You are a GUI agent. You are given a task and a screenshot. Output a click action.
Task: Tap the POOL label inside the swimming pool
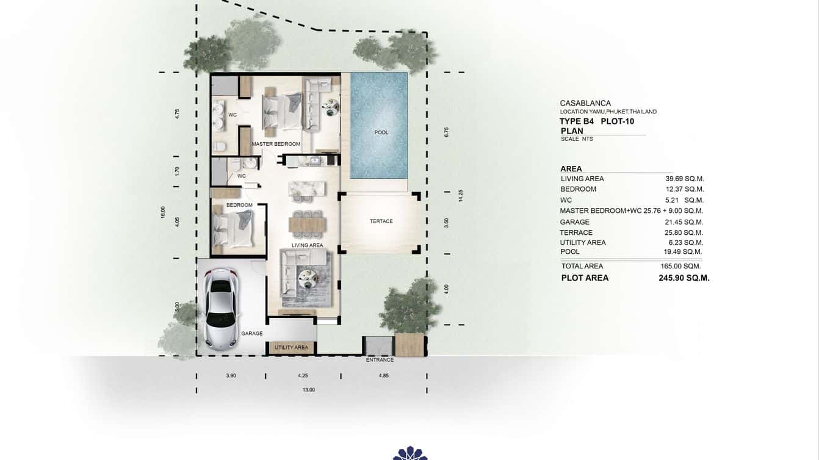point(381,132)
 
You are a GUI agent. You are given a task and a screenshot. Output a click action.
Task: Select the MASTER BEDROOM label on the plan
point(276,144)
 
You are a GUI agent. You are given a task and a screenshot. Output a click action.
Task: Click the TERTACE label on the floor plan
point(381,221)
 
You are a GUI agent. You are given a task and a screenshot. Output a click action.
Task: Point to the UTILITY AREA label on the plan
point(291,348)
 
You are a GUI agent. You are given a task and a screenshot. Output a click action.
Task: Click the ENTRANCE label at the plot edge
point(380,360)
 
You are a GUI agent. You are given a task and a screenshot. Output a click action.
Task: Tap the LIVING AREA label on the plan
point(307,245)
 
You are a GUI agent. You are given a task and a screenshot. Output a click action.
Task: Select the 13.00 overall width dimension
point(309,390)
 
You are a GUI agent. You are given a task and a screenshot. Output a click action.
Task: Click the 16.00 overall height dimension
point(163,212)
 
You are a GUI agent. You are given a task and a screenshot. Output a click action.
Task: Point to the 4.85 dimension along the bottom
point(383,376)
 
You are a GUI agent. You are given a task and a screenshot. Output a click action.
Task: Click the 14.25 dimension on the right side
point(461,195)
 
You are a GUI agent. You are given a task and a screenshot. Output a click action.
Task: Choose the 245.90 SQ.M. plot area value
point(680,278)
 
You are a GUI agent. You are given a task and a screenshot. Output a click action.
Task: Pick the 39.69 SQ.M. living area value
point(685,179)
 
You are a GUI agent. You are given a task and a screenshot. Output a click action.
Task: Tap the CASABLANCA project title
point(585,103)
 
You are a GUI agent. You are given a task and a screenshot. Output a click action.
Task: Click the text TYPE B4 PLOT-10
point(596,121)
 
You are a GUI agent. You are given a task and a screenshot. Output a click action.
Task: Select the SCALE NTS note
point(577,139)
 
